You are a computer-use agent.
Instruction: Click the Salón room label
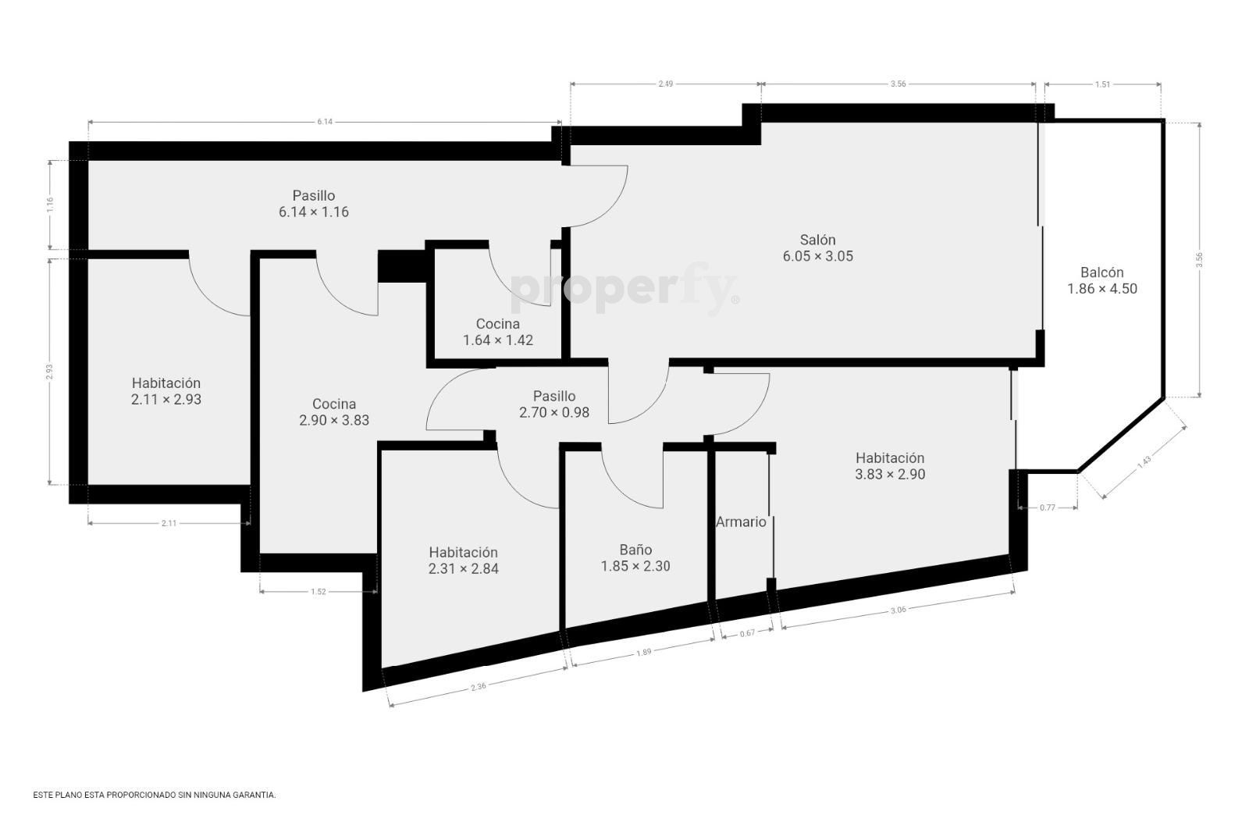click(817, 240)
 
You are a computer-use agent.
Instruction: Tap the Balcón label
click(1101, 272)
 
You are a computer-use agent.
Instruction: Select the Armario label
click(741, 522)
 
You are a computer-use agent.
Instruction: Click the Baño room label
click(635, 550)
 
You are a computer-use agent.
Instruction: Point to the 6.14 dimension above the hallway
click(325, 122)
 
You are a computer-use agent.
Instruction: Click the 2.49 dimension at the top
click(666, 84)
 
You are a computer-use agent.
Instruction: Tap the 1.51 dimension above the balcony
click(1102, 84)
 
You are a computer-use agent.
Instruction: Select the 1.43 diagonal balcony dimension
click(1144, 461)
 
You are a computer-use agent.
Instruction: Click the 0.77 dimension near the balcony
click(1048, 507)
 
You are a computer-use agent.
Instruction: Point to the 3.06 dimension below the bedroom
click(898, 610)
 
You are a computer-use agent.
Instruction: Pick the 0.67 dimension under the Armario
click(747, 633)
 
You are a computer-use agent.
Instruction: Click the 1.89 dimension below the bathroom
click(643, 652)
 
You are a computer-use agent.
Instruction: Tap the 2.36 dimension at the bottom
click(479, 687)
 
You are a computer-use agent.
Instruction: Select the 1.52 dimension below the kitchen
click(318, 592)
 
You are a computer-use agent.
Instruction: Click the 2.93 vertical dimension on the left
click(50, 372)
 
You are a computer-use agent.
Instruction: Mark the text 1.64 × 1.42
click(498, 340)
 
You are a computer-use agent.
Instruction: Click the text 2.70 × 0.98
click(554, 413)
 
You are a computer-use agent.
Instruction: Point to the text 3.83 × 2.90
click(890, 475)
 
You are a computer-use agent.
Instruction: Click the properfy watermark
click(624, 289)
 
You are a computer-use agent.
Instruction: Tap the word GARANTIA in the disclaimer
click(256, 795)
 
